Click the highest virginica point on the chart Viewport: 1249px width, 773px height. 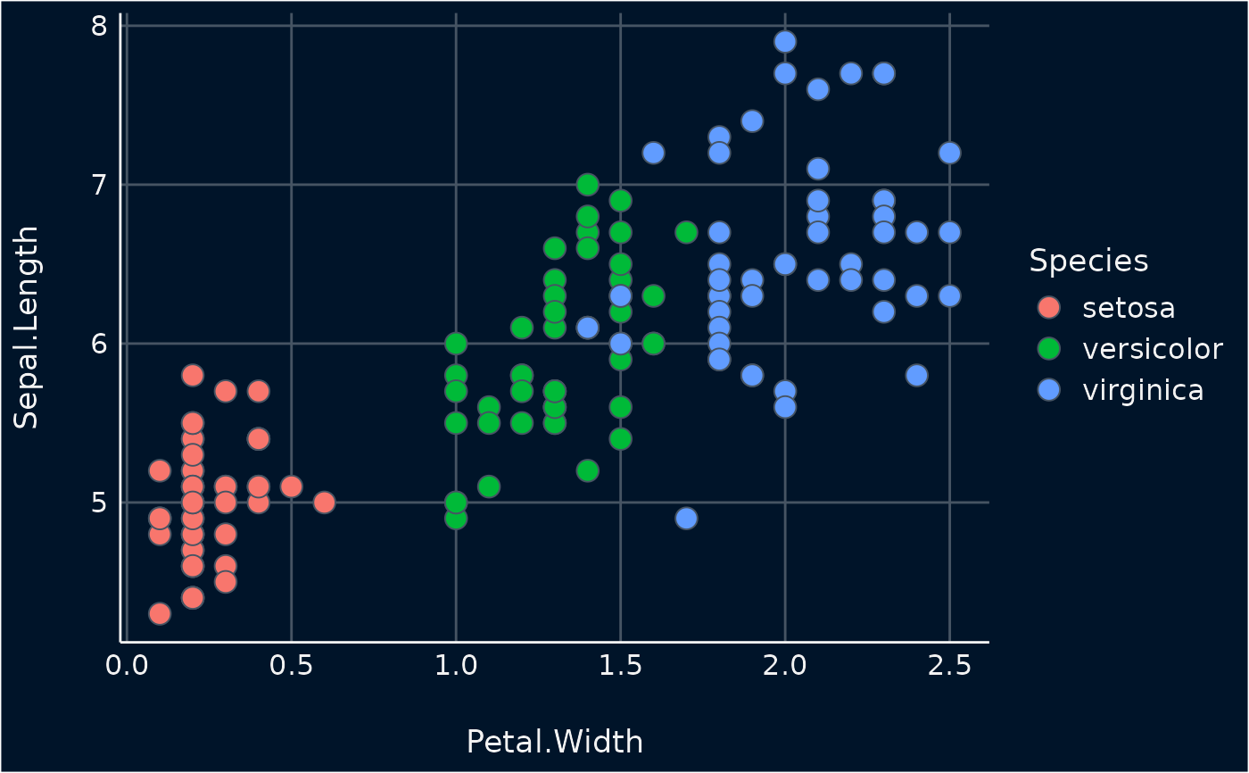tap(785, 41)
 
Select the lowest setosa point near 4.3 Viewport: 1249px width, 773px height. tap(160, 613)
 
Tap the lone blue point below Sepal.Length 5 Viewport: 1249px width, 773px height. tap(686, 518)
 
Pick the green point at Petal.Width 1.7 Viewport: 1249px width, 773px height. tap(686, 232)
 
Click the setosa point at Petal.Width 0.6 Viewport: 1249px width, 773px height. tap(324, 503)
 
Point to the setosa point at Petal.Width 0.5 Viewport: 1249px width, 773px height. tap(291, 486)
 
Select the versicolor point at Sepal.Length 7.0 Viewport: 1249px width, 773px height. tap(587, 185)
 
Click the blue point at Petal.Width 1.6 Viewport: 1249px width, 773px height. tap(653, 153)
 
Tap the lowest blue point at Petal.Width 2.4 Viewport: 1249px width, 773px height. tap(916, 375)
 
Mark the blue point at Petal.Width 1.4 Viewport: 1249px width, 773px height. tap(587, 328)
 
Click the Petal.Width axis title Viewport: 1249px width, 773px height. tap(554, 742)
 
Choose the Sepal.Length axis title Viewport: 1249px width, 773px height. tap(27, 328)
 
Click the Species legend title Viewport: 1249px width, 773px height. tap(1088, 261)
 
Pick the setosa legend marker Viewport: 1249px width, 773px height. tap(1050, 307)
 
